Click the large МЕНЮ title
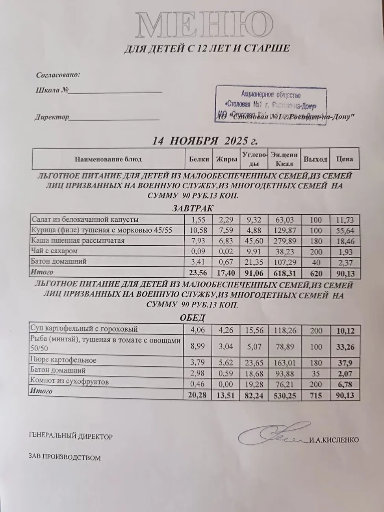tap(201, 25)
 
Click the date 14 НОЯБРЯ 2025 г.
tap(205, 141)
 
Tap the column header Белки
tap(198, 159)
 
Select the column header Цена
tap(344, 159)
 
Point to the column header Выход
tap(315, 159)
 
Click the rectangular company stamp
tap(272, 104)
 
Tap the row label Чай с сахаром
tap(55, 251)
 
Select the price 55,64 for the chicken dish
tap(344, 231)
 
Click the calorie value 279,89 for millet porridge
tap(284, 241)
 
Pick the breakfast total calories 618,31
tap(284, 273)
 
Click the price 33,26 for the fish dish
tap(345, 347)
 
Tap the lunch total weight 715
tap(316, 395)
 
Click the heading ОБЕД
tap(192, 318)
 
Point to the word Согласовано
tap(58, 75)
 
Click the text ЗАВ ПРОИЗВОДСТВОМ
tap(65, 458)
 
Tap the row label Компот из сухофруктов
tap(70, 381)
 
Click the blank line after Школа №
tap(115, 91)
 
